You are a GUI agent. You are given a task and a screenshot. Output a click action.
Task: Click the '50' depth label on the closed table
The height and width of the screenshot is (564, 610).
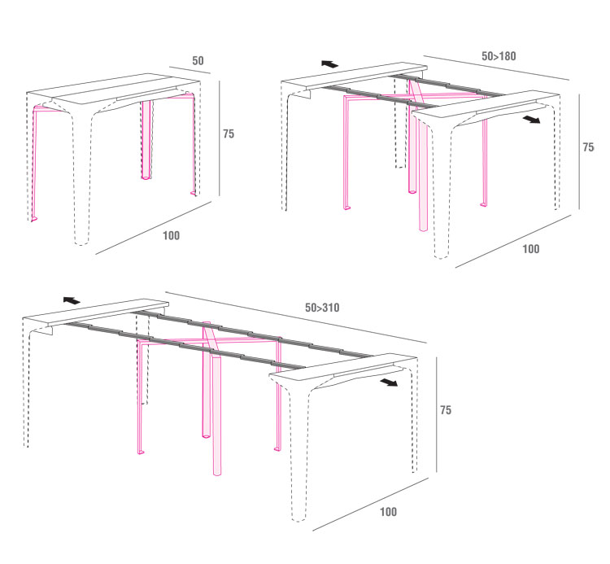pos(198,61)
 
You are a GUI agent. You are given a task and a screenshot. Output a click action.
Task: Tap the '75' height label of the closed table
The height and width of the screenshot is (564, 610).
pos(229,134)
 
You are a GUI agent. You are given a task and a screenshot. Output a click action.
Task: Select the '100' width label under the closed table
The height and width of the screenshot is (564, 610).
pos(171,235)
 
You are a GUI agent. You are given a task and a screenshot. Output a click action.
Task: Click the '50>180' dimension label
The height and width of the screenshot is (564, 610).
pos(499,56)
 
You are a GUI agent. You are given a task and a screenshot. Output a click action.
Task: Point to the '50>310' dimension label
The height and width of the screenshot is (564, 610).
pos(322,308)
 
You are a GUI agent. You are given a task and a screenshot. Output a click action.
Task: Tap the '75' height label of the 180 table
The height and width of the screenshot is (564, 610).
pos(588,147)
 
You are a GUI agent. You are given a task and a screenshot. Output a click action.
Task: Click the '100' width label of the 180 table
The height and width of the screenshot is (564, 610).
pos(530,249)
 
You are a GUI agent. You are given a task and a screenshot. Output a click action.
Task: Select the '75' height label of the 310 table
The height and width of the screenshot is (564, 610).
pos(446,410)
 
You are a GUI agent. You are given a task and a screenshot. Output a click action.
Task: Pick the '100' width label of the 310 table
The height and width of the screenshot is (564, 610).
pos(388,511)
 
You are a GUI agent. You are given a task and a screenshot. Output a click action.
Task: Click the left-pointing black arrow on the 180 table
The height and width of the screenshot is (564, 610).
pos(330,63)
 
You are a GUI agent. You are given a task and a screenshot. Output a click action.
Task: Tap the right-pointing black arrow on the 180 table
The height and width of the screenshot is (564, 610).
pos(531,119)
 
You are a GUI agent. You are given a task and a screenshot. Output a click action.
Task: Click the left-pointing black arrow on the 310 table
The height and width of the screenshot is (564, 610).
pos(72,300)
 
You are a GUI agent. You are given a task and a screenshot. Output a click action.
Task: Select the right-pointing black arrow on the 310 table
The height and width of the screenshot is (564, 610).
pos(389,383)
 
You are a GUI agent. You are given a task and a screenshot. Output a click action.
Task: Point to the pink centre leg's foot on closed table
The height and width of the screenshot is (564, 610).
pos(146,177)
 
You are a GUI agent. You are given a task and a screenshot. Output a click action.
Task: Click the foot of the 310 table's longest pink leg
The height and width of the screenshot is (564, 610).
pos(217,474)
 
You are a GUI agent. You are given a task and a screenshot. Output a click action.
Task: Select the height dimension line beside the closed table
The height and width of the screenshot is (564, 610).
pos(220,138)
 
